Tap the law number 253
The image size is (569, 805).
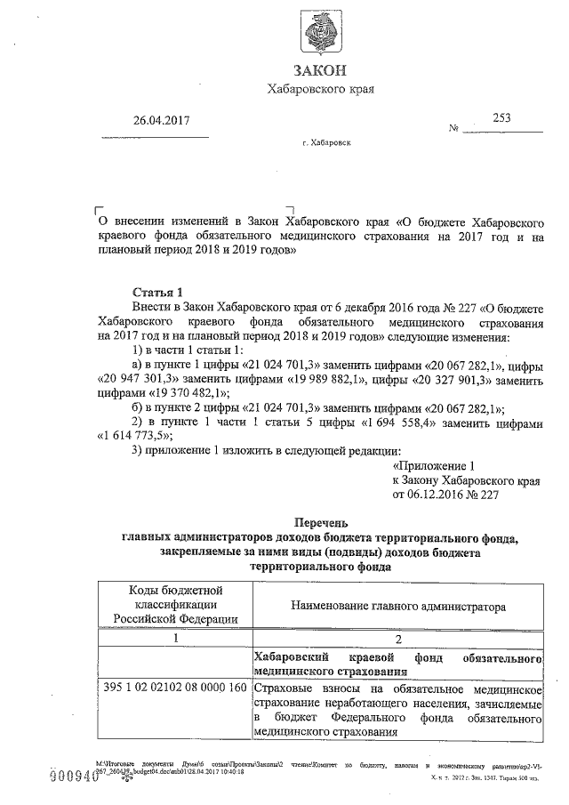pyautogui.click(x=502, y=116)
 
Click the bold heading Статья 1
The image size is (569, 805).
pyautogui.click(x=156, y=292)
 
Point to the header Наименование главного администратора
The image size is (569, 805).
pyautogui.click(x=397, y=606)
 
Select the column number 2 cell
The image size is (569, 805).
pyautogui.click(x=397, y=638)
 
